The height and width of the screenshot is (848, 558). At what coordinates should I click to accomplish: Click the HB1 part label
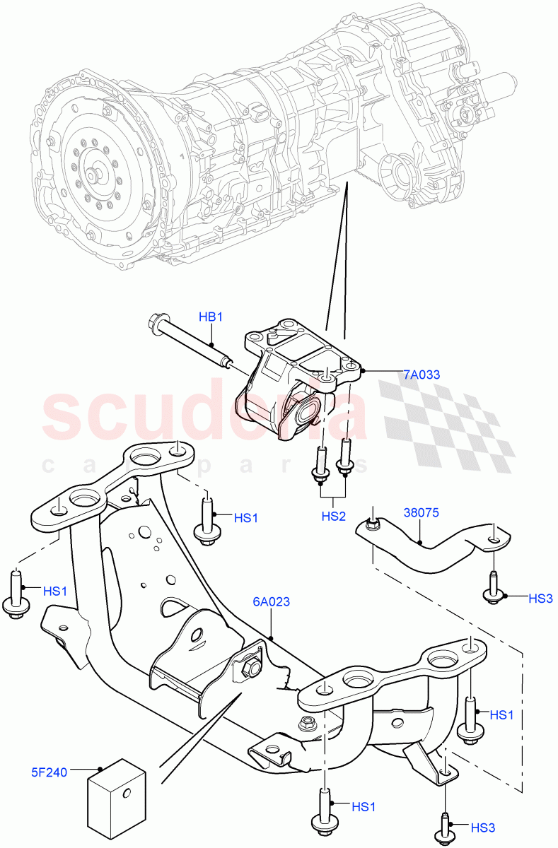[210, 318]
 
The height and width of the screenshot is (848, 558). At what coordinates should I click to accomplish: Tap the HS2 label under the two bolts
[333, 517]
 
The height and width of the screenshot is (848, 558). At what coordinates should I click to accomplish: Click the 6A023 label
[271, 602]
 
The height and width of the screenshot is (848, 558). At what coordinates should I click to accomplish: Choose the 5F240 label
[49, 772]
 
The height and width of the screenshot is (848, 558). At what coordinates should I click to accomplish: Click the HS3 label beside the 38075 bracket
[540, 599]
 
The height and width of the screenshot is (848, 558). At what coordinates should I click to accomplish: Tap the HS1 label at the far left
[55, 590]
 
